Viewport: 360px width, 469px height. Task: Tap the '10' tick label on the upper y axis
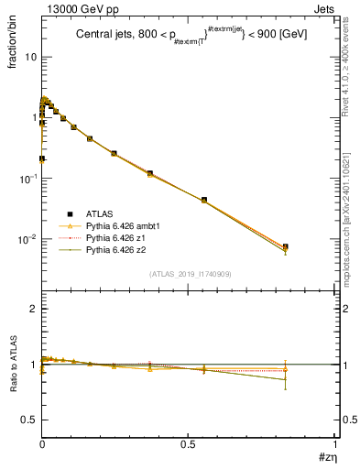tap(31, 57)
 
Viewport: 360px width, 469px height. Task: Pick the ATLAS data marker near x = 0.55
tap(203, 199)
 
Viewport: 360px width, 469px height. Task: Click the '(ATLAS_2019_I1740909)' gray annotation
tap(188, 274)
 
